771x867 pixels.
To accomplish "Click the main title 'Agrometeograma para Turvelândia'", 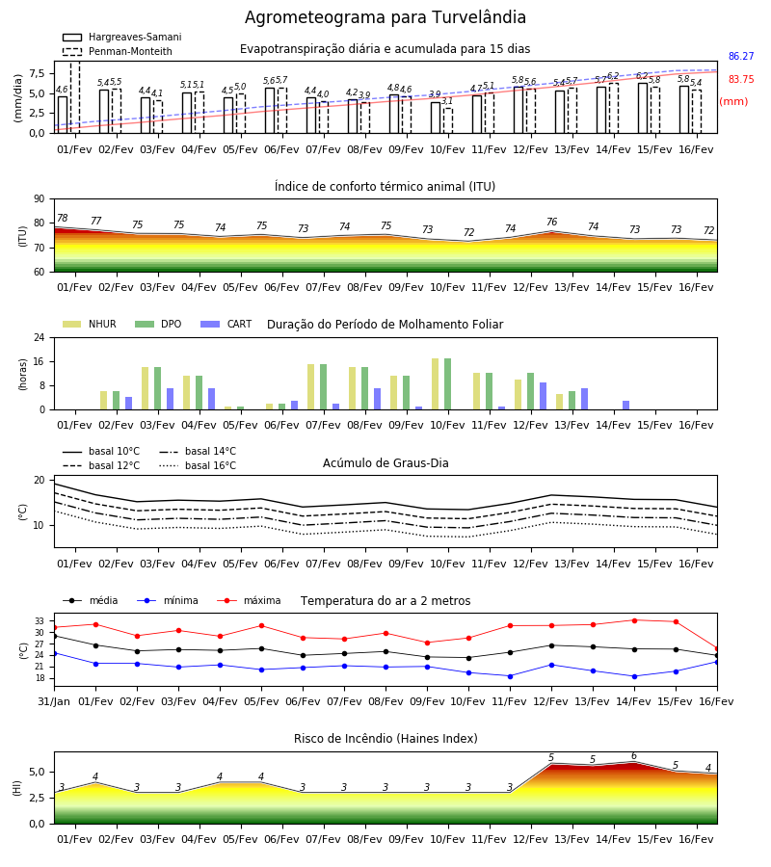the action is point(385,17).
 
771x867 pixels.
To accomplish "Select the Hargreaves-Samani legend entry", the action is point(121,37).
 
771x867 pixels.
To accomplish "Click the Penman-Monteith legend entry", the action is point(118,51).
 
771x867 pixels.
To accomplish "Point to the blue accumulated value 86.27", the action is point(741,56).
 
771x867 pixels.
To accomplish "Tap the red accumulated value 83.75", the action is point(741,79).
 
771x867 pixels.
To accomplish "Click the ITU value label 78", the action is point(63,218).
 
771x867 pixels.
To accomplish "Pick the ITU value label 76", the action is point(551,222).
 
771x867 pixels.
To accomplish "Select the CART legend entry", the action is point(226,324).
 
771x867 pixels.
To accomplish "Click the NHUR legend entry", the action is point(89,324).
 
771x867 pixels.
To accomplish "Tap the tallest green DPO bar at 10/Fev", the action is point(447,384).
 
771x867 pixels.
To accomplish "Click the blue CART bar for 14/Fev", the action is point(626,406).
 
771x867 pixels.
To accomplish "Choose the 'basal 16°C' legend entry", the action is point(198,465).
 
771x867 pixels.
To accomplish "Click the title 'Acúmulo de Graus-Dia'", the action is point(385,462).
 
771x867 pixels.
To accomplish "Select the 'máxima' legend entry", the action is point(249,600).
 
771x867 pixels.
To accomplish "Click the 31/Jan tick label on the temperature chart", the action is point(54,701).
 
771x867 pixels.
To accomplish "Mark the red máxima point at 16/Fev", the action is point(717,649).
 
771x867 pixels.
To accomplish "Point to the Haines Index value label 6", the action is point(634,756).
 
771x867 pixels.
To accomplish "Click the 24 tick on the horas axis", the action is point(39,337).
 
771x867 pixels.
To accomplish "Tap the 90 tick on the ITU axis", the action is point(39,199).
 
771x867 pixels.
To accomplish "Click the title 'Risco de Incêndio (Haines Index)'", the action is point(385,738).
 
